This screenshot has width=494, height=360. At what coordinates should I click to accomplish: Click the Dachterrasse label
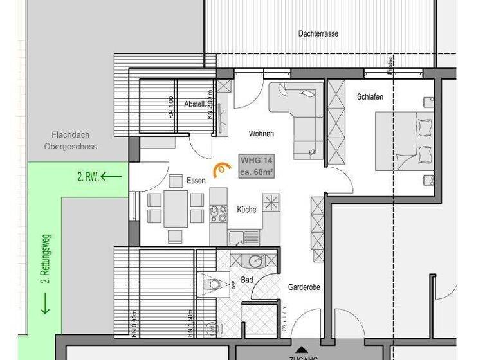tap(318, 33)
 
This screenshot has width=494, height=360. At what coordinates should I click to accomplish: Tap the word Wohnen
tap(261, 134)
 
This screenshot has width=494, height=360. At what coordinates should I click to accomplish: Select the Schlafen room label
tap(370, 97)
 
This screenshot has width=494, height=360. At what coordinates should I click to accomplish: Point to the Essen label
tap(196, 181)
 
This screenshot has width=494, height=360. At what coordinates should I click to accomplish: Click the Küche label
tap(246, 210)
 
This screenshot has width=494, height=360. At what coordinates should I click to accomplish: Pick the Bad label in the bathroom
tap(247, 280)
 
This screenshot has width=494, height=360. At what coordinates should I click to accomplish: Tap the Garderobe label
tap(304, 287)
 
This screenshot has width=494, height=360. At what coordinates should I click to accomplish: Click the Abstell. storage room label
tap(194, 104)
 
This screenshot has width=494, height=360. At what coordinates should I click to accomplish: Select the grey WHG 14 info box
tap(257, 166)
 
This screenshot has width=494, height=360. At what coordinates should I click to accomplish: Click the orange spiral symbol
tap(222, 168)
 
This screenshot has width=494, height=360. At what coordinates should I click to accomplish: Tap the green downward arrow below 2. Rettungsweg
tap(45, 303)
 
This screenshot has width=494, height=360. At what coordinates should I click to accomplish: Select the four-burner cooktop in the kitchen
tap(219, 212)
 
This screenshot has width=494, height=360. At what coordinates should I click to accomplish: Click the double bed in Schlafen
tap(405, 141)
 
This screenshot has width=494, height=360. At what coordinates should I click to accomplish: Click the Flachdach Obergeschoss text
tap(71, 141)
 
